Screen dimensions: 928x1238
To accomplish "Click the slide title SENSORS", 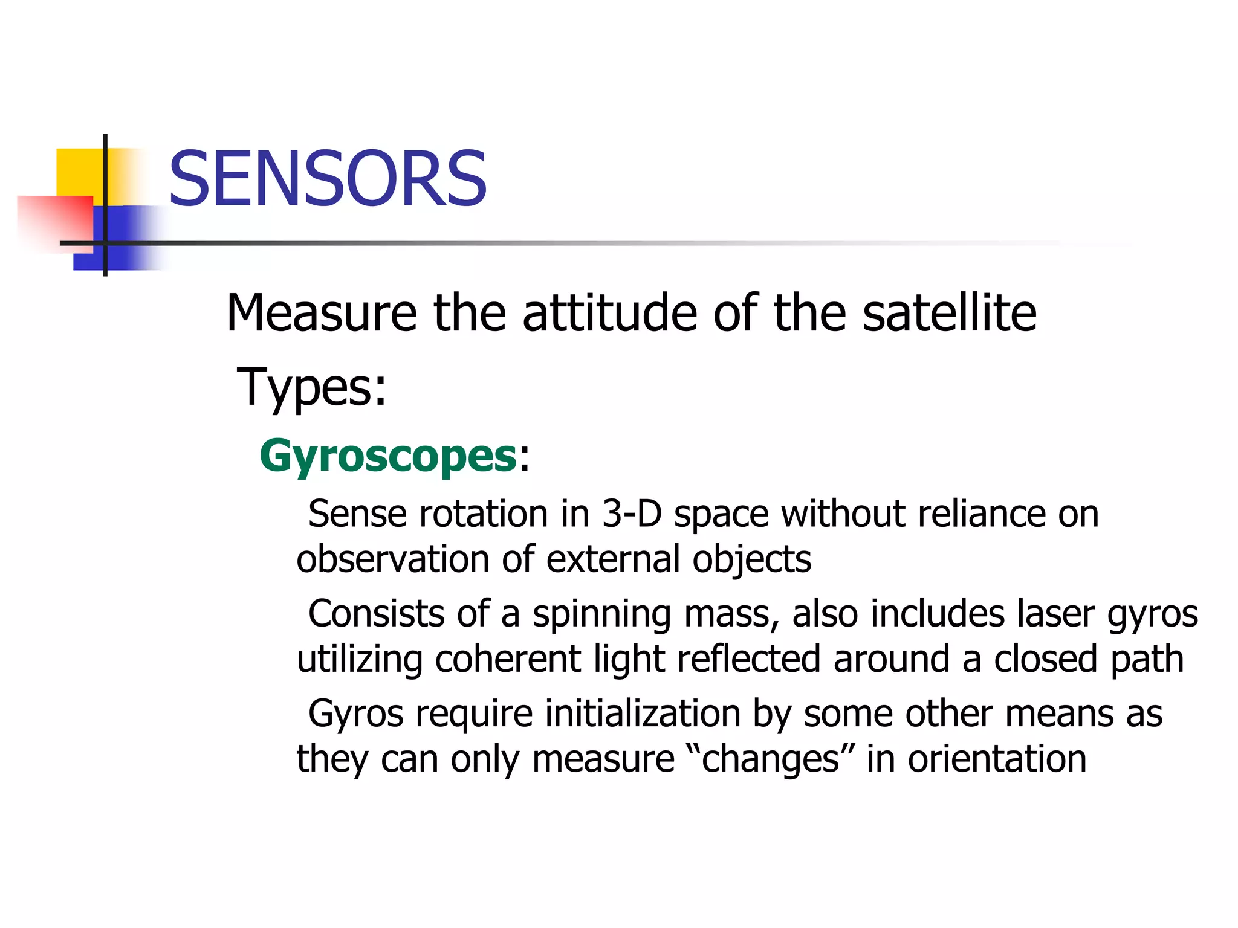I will coord(327,179).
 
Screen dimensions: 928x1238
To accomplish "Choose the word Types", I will coord(311,387).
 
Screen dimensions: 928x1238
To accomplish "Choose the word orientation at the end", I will coord(997,759).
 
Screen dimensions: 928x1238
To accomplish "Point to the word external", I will coord(613,559).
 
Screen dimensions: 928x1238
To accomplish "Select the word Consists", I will coord(377,614).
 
